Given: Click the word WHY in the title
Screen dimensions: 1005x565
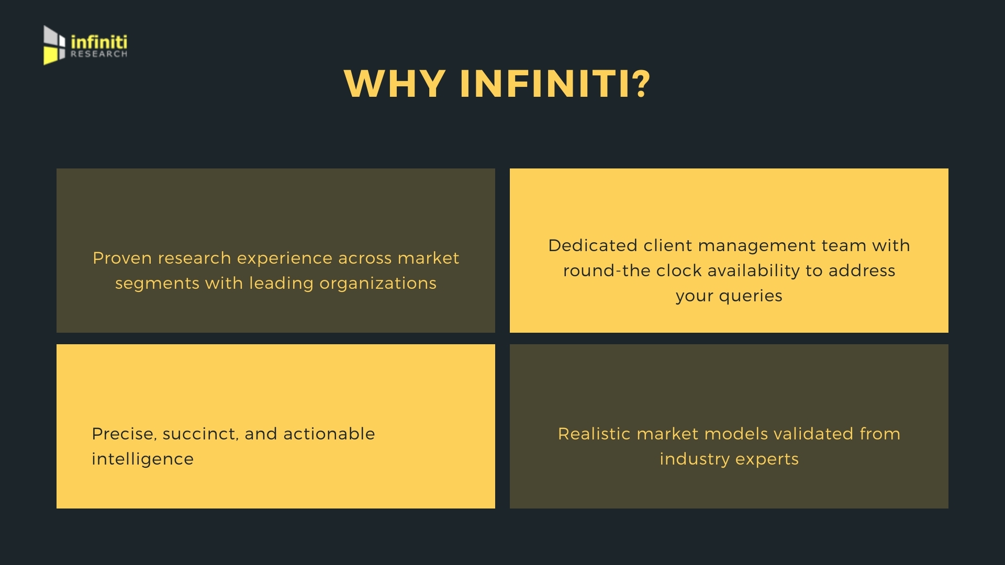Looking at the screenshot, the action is pos(395,84).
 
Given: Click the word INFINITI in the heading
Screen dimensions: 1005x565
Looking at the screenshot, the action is pos(544,84).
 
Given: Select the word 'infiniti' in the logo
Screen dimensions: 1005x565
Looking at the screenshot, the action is pos(99,41).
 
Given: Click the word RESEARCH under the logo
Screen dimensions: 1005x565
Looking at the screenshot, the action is pos(99,53).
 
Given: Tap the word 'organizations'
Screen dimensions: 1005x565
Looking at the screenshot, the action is pos(378,283).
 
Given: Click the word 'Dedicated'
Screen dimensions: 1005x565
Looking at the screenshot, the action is pos(593,245).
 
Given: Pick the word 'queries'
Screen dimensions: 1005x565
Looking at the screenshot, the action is pos(751,296).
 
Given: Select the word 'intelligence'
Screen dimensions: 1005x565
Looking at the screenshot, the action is pos(142,459).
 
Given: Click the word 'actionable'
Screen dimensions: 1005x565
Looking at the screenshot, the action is pos(329,434).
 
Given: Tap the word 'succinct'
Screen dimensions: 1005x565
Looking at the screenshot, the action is pos(202,434).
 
